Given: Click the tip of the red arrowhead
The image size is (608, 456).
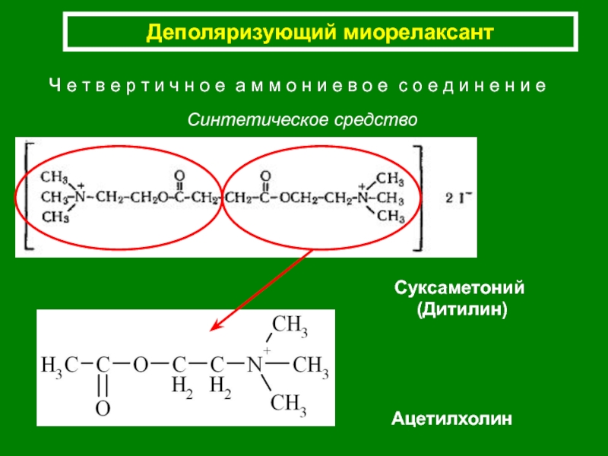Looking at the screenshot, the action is (x=211, y=331).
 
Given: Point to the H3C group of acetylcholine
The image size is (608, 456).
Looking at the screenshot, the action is (x=59, y=366).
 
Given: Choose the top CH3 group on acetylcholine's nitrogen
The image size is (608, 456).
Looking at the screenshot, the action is (x=290, y=326).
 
